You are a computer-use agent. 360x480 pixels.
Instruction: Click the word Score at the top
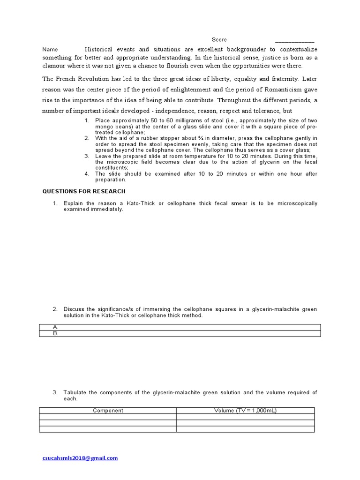click(219, 40)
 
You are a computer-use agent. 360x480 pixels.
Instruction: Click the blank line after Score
click(294, 41)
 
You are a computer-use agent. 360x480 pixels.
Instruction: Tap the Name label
click(50, 49)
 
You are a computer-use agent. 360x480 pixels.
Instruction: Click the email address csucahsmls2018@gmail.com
click(80, 458)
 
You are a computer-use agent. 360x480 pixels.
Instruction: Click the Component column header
click(108, 411)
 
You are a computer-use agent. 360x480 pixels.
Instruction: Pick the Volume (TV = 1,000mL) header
click(245, 411)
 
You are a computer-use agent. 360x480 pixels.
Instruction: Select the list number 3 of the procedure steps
click(87, 156)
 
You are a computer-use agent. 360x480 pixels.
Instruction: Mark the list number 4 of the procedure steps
click(87, 174)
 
